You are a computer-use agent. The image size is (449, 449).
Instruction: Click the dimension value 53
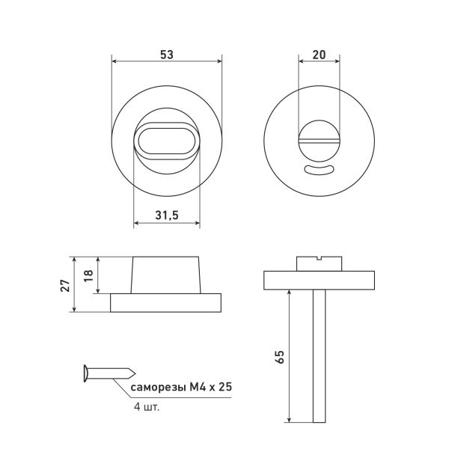(x=167, y=55)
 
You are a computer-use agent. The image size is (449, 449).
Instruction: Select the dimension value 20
(x=319, y=55)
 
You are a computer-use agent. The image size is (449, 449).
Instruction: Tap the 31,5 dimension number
(x=167, y=215)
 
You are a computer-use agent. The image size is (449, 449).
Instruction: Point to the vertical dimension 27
(x=65, y=285)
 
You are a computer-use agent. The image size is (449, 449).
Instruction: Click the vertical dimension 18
(x=89, y=275)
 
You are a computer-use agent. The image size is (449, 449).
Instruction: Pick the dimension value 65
(x=280, y=356)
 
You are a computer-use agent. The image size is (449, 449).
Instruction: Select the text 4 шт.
(x=147, y=407)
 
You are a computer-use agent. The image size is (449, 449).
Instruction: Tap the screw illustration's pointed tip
(x=135, y=373)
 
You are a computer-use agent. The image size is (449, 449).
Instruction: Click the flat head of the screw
(x=85, y=373)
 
